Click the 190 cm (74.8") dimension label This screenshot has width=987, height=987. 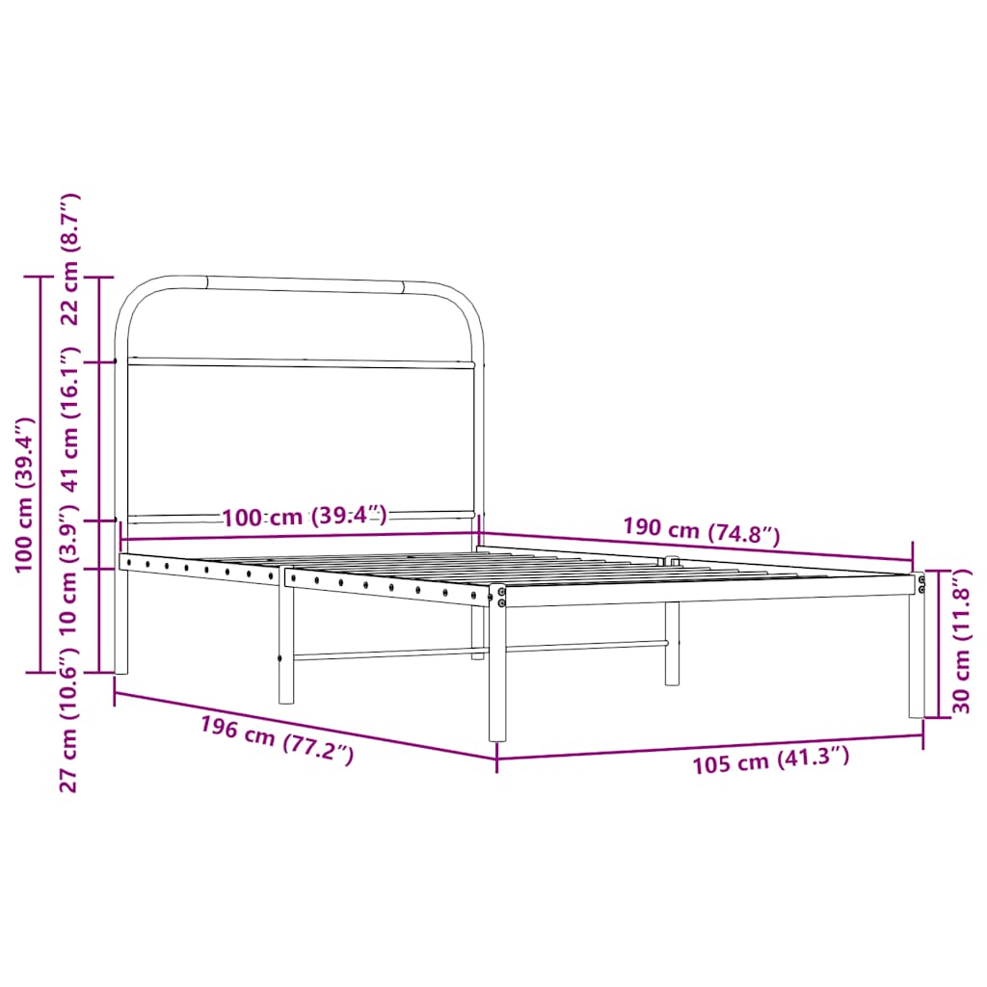coord(701,530)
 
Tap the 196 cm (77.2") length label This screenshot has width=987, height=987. coord(277,740)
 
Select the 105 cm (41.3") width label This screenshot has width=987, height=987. coord(770,760)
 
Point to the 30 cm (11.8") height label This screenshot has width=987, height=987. coord(960,642)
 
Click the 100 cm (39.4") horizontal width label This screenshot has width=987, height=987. coord(304,517)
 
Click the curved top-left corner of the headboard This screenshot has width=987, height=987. coord(135,298)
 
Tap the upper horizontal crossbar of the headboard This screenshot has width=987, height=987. coord(301,363)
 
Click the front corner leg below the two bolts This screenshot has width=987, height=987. coord(497,675)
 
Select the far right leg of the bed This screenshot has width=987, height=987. coord(916,665)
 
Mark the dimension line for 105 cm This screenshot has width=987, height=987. coord(710,746)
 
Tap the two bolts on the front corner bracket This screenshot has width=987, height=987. coord(501,597)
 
